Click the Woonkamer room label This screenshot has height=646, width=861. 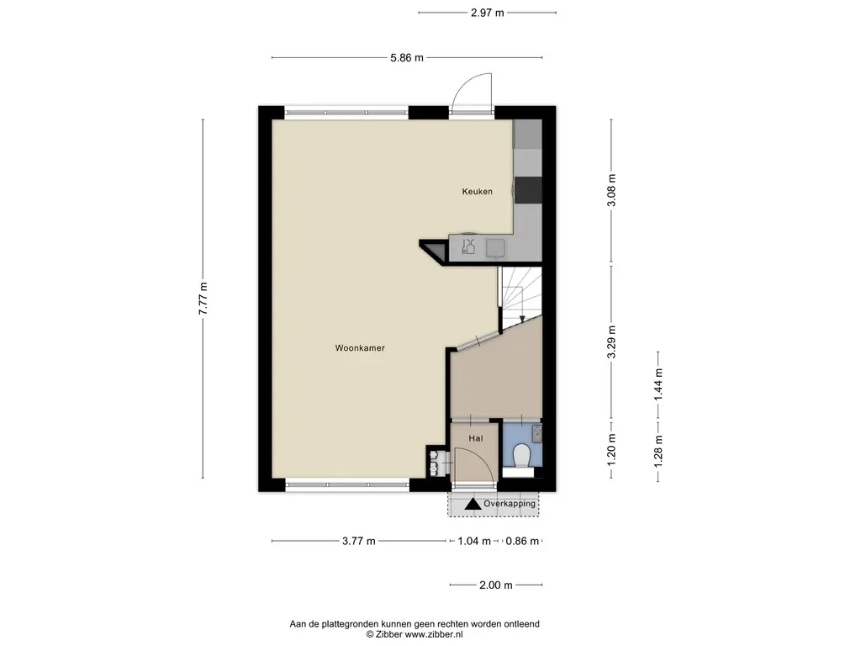click(x=360, y=347)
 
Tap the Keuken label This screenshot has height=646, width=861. click(x=478, y=191)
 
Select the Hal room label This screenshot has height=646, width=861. click(x=476, y=438)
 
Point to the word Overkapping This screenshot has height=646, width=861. click(x=510, y=504)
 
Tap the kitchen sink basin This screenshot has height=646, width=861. click(x=496, y=248)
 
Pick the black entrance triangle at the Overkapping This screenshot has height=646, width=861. click(x=473, y=504)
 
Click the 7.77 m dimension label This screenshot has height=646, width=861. click(x=203, y=299)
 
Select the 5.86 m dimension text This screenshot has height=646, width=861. click(x=407, y=58)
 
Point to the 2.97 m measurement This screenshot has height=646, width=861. click(x=487, y=13)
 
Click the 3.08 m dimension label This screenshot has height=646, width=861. click(x=612, y=190)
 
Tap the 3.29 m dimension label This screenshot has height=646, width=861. click(x=612, y=342)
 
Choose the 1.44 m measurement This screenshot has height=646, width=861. click(x=658, y=384)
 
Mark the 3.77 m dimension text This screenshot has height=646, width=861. click(x=358, y=541)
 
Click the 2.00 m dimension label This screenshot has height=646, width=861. click(x=496, y=585)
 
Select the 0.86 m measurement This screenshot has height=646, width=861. click(x=522, y=541)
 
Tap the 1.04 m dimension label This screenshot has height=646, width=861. click(x=474, y=541)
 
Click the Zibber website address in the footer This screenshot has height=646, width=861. click(x=434, y=634)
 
